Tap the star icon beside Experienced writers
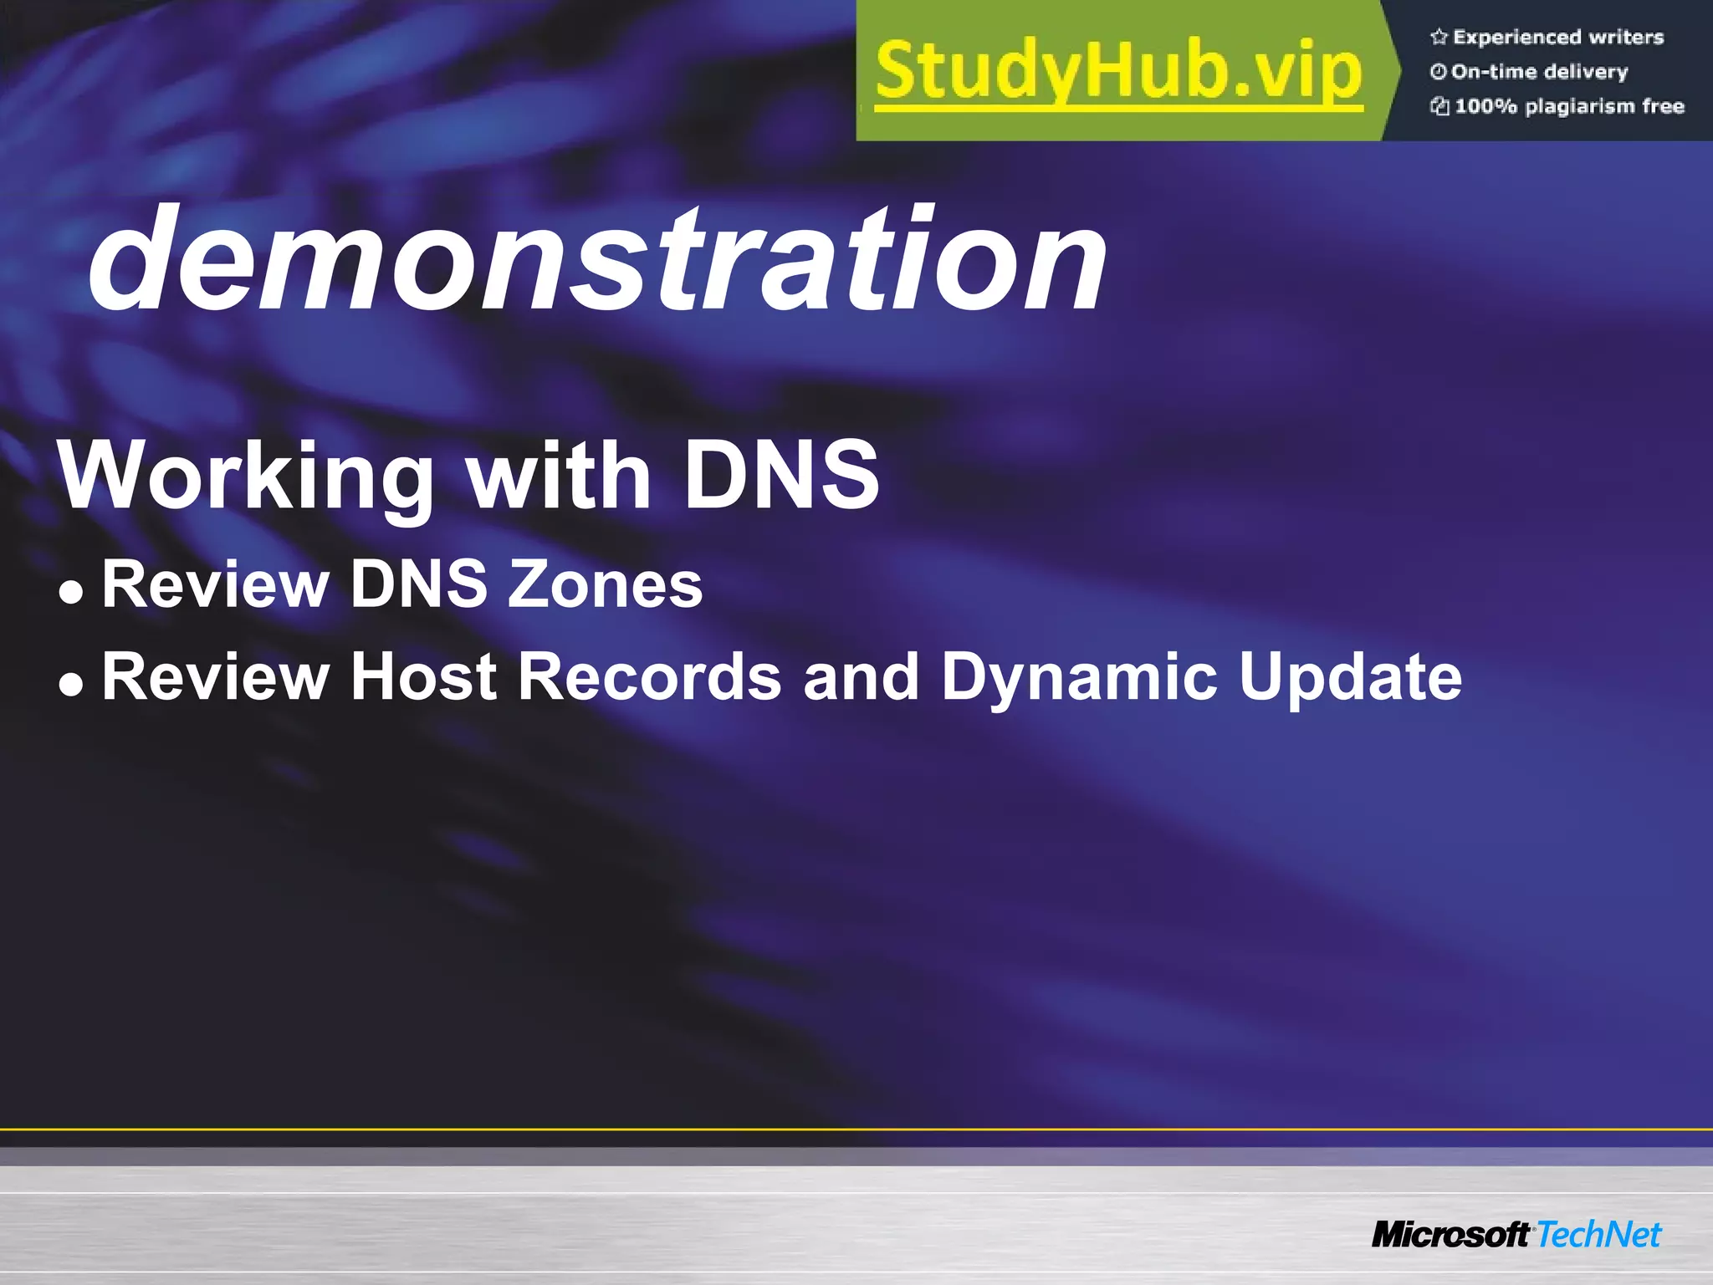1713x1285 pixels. click(x=1439, y=37)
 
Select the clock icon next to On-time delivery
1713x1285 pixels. click(x=1438, y=72)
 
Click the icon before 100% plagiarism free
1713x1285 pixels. click(x=1439, y=106)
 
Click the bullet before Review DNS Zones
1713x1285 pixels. click(x=72, y=592)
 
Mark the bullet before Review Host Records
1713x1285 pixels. click(x=72, y=684)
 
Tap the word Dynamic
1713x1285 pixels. click(x=1079, y=677)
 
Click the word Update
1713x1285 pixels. click(x=1350, y=677)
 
